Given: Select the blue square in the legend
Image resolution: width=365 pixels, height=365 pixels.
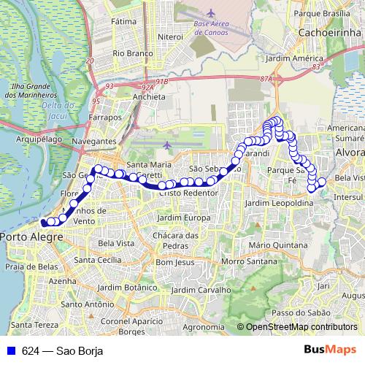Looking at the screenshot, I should (x=9, y=351).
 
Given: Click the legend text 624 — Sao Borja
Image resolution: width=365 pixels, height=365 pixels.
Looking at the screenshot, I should (x=62, y=351).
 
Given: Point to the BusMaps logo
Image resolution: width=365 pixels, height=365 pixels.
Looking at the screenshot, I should (x=329, y=350).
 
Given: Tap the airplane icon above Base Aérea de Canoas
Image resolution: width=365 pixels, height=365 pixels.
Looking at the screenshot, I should (x=212, y=14).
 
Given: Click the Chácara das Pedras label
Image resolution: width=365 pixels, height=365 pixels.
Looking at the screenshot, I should (x=174, y=240).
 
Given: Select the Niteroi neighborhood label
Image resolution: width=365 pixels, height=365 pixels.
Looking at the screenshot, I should (x=170, y=36).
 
